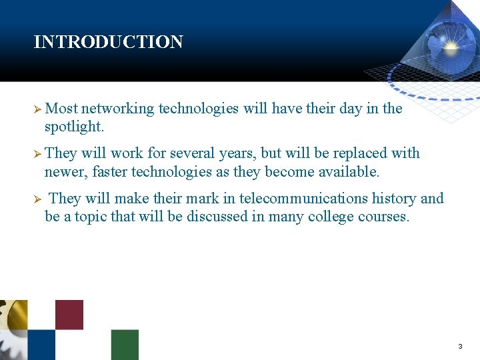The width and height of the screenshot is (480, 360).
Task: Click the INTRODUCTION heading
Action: (108, 42)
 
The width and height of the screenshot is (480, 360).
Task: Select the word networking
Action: (117, 109)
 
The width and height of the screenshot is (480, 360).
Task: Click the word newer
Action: (65, 172)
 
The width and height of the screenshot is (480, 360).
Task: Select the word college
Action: (330, 217)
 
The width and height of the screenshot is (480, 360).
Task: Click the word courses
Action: (383, 217)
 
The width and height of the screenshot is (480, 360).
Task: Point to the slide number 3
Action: (460, 347)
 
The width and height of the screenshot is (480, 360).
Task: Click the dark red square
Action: (69, 314)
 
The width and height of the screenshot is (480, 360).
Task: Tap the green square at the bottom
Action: (125, 345)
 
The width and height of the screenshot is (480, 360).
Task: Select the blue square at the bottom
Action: (41, 345)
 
